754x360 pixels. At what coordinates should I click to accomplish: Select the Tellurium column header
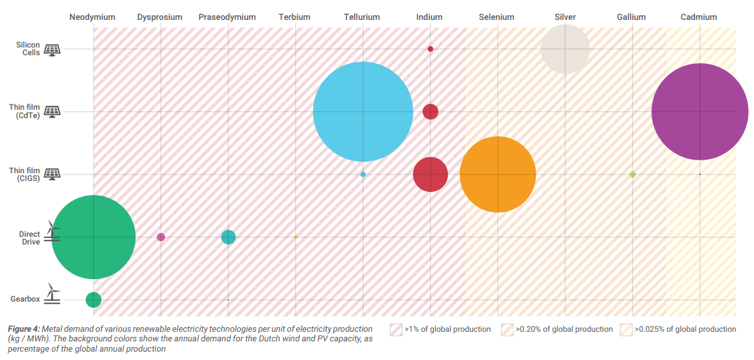pyautogui.click(x=361, y=17)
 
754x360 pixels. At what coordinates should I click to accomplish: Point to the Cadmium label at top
pyautogui.click(x=699, y=17)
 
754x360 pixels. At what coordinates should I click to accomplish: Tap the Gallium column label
pyautogui.click(x=631, y=17)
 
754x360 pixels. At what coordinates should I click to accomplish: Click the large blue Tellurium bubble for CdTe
pyautogui.click(x=363, y=112)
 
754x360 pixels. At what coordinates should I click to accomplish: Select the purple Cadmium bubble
pyautogui.click(x=699, y=112)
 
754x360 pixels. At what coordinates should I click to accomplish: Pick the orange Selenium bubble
pyautogui.click(x=498, y=174)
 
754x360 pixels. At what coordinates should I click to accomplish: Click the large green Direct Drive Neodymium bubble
pyautogui.click(x=94, y=237)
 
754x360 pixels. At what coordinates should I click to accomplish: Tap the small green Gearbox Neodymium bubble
pyautogui.click(x=94, y=300)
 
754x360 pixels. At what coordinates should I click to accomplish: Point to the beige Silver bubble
pyautogui.click(x=565, y=49)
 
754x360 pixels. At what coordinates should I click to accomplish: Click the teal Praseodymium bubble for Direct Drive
pyautogui.click(x=228, y=237)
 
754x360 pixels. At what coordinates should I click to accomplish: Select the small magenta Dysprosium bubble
pyautogui.click(x=161, y=237)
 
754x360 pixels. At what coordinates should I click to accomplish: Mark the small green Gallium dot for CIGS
pyautogui.click(x=632, y=175)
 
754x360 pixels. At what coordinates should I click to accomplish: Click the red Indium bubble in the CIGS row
pyautogui.click(x=430, y=174)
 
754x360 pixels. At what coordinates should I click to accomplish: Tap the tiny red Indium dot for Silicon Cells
pyautogui.click(x=431, y=49)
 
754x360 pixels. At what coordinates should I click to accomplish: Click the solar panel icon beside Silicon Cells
pyautogui.click(x=52, y=49)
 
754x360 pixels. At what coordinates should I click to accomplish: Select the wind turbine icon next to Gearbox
pyautogui.click(x=54, y=295)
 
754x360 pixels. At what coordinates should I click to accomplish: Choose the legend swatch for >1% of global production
pyautogui.click(x=396, y=330)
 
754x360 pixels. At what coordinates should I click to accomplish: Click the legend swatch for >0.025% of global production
pyautogui.click(x=626, y=330)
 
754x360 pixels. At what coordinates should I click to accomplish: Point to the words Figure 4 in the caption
pyautogui.click(x=24, y=329)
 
